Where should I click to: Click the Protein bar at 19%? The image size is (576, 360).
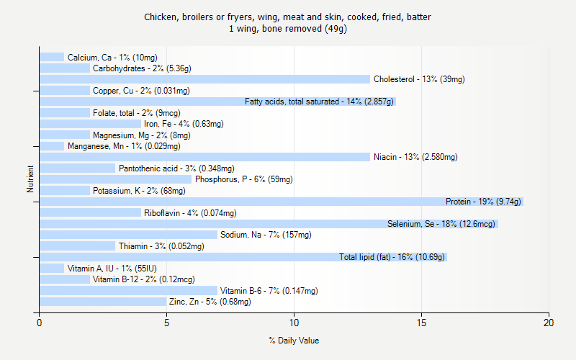click(x=281, y=202)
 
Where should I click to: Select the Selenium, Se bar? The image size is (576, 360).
click(x=269, y=224)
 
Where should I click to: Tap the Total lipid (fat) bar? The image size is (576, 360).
click(x=243, y=257)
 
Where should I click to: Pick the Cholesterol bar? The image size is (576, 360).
click(x=204, y=79)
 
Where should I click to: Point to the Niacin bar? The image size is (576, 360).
click(x=204, y=157)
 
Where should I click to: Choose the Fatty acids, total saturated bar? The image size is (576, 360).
click(x=217, y=102)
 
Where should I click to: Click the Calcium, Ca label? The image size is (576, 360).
click(x=112, y=58)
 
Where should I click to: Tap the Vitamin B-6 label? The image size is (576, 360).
click(x=269, y=291)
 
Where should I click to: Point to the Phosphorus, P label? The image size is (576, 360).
click(x=244, y=179)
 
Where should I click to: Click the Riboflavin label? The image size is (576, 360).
click(x=190, y=213)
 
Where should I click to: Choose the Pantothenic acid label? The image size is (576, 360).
click(x=176, y=168)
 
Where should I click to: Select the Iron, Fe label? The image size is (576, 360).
click(x=184, y=124)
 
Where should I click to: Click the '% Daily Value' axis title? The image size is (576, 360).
click(x=294, y=341)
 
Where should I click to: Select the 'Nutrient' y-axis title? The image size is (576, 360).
click(x=30, y=179)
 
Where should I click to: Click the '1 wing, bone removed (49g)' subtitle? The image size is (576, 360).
click(x=288, y=29)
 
